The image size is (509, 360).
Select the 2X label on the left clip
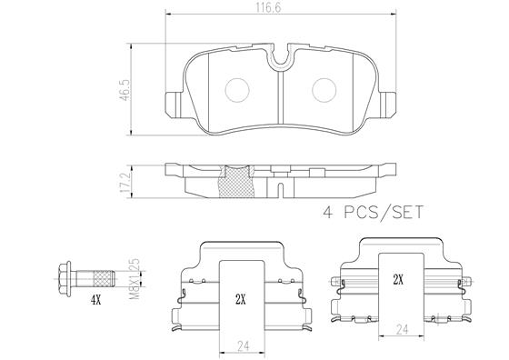coord(240,298)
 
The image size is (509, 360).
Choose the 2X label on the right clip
coord(396,280)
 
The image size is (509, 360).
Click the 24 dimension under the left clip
coord(240,345)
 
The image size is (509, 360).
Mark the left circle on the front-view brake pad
coord(239,90)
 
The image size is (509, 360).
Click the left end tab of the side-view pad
coord(175,168)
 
